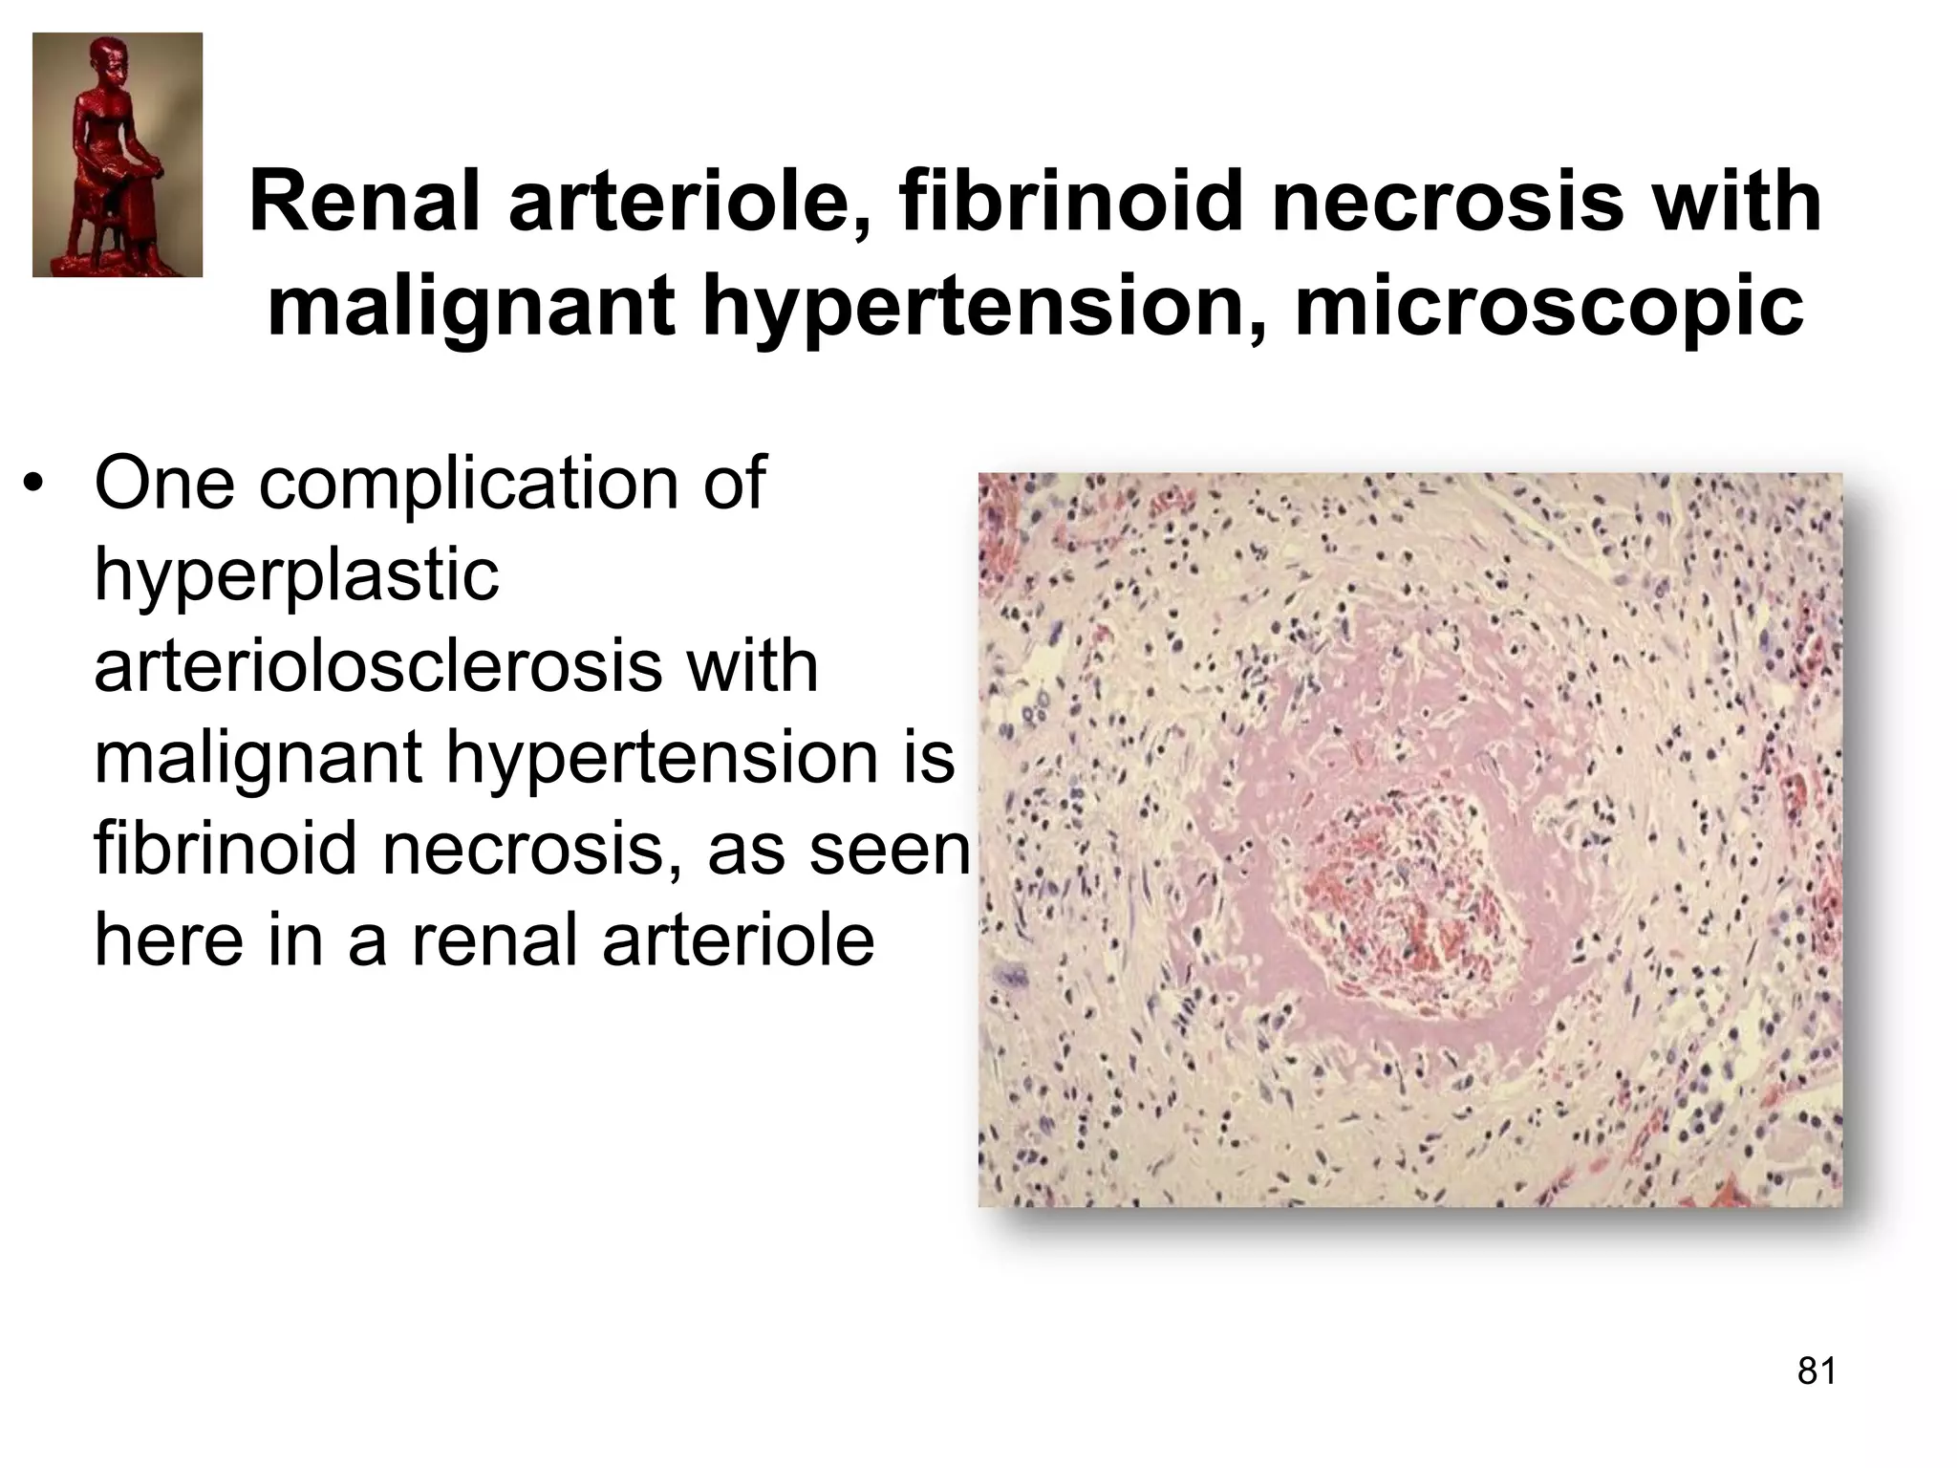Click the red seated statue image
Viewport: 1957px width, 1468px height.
point(118,155)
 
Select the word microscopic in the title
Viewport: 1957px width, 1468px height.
point(1548,308)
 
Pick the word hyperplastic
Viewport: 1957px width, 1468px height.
point(297,575)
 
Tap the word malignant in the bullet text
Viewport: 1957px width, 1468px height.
point(258,759)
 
